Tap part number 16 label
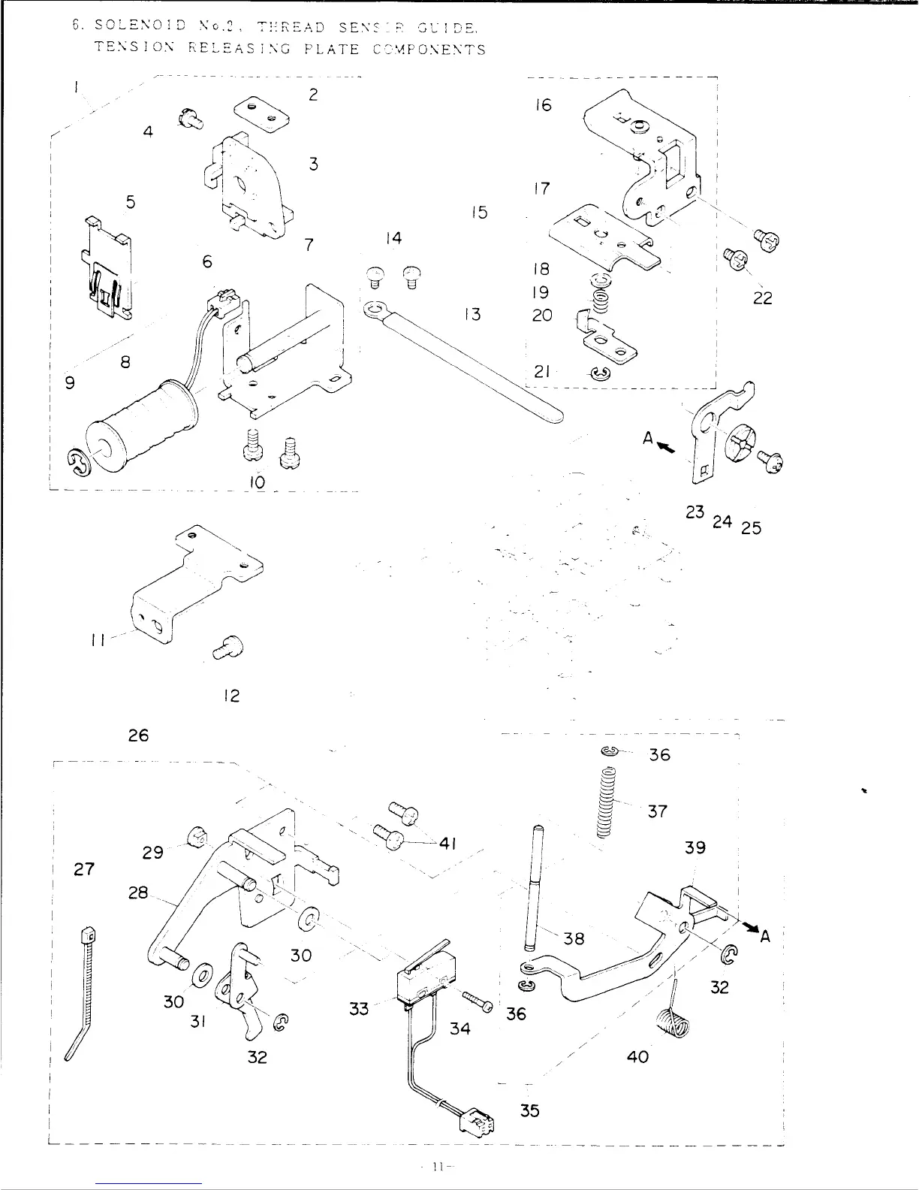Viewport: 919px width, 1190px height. pos(543,105)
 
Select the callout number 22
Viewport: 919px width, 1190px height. pos(762,298)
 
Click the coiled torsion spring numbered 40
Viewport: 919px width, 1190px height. pos(672,1022)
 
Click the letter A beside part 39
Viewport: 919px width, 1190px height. pos(766,936)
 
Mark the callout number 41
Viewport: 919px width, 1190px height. pos(448,843)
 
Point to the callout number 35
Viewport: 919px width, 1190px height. pos(530,1110)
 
